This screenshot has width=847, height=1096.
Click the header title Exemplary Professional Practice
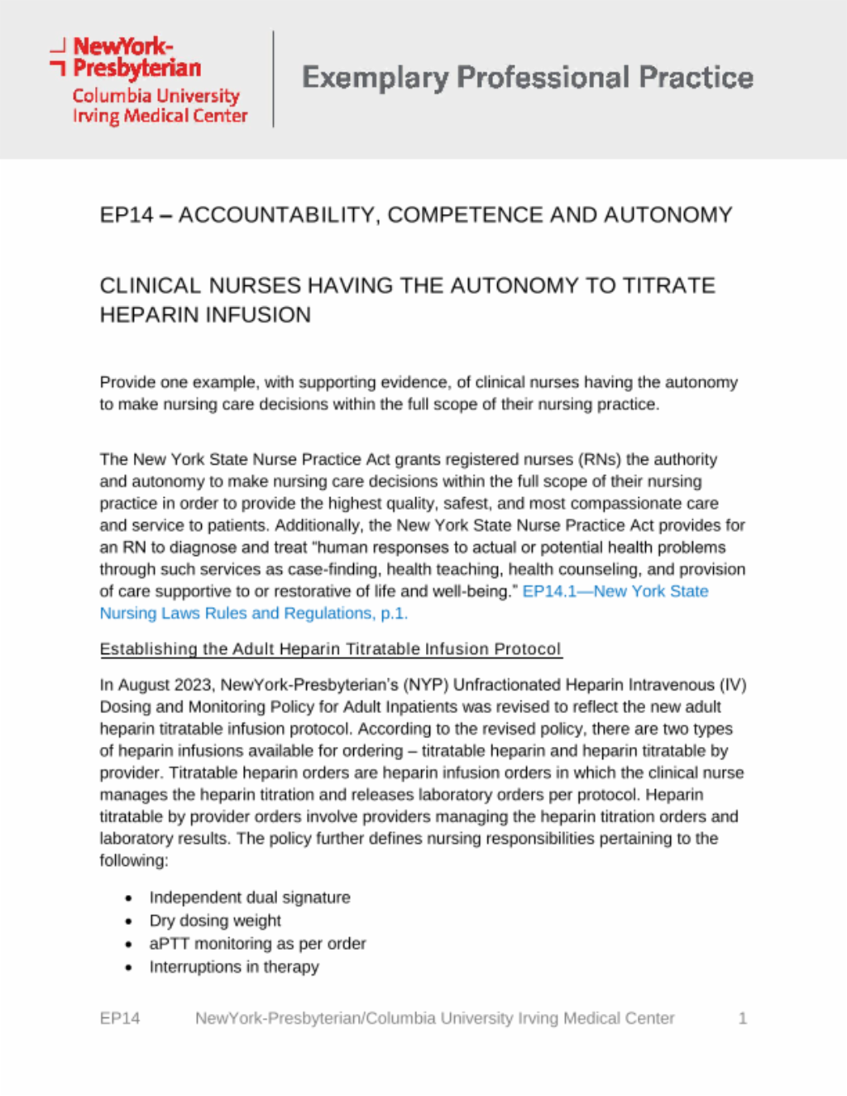[527, 78]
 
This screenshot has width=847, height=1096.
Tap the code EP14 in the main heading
[127, 215]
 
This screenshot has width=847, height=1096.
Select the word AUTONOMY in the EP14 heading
[668, 215]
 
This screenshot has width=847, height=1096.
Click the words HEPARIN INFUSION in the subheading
[205, 315]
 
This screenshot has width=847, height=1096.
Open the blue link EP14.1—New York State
[615, 591]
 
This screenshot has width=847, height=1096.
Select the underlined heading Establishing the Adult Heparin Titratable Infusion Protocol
[331, 649]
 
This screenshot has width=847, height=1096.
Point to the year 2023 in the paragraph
[194, 685]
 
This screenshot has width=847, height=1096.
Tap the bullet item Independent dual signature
[250, 897]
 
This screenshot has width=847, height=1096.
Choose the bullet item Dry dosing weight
[215, 921]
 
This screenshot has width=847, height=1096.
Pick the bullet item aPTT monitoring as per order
[257, 944]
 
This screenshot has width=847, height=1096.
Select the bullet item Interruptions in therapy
[234, 967]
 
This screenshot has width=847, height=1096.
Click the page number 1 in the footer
[742, 1018]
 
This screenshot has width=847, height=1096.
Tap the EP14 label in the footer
[120, 1018]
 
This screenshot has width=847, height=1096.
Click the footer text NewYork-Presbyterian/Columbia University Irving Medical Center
[434, 1018]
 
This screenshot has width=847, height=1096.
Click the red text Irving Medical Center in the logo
[160, 117]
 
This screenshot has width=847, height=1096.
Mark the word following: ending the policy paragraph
[134, 861]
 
